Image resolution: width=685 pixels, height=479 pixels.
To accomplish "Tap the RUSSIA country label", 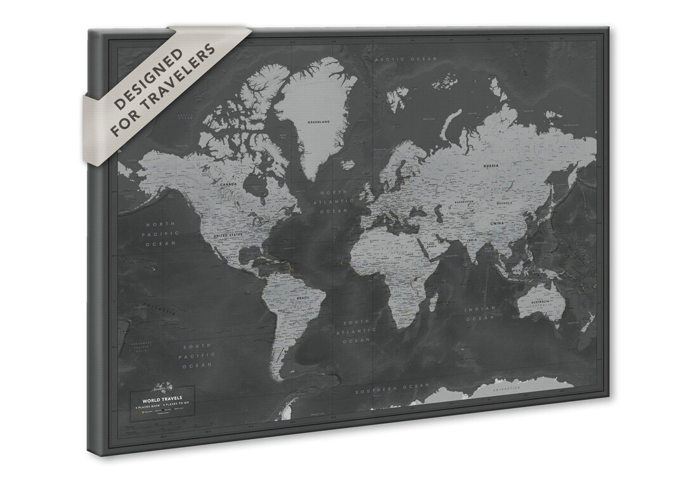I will [491, 166].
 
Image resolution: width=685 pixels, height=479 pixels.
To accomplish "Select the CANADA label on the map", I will [228, 184].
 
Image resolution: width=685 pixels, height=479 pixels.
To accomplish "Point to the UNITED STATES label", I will [230, 235].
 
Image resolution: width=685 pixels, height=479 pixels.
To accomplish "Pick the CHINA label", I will [497, 223].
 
